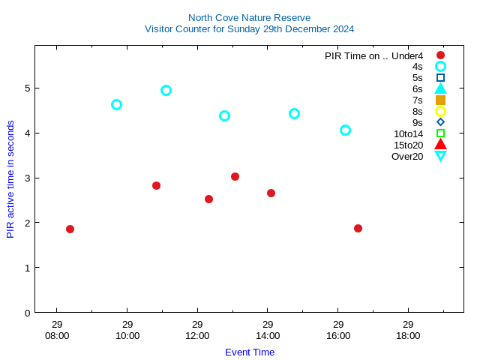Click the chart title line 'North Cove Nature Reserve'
point(249,17)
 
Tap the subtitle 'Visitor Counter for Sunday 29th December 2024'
point(249,28)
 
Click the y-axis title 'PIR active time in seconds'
point(10,179)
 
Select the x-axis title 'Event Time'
point(250,352)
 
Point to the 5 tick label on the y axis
point(27,88)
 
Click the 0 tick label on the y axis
point(27,312)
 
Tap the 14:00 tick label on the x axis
point(268,335)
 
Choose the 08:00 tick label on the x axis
point(57,335)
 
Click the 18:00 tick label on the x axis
point(408,335)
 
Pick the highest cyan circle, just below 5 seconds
point(166,90)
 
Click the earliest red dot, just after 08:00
point(70,229)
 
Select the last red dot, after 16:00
point(358,228)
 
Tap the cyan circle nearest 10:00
point(116,104)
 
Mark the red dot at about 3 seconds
point(235,176)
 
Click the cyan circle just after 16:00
point(345,130)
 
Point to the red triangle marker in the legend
point(440,145)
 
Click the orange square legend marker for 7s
point(440,100)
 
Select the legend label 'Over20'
point(407,156)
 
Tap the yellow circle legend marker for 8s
point(440,111)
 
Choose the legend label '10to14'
point(408,133)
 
